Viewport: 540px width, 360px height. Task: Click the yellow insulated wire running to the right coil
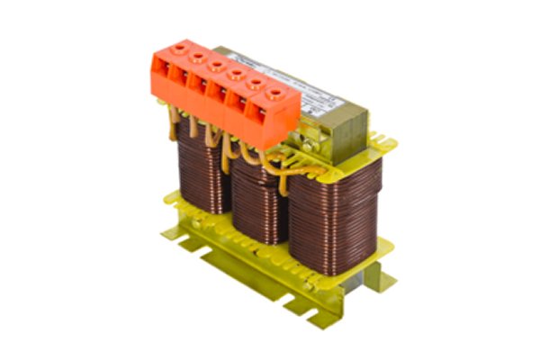297,166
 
